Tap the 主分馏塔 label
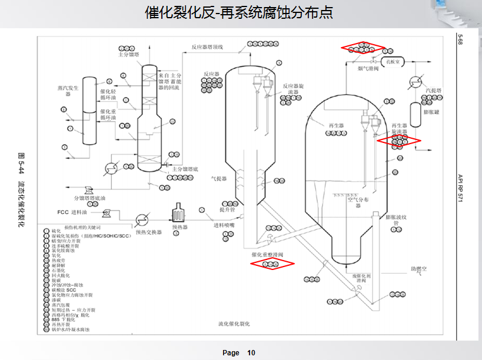(129, 55)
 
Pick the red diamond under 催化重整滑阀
(272, 264)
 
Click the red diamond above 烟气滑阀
(363, 48)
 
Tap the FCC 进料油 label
(71, 212)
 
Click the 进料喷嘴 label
(224, 225)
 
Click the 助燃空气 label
(419, 271)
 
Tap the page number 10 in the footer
(251, 353)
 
